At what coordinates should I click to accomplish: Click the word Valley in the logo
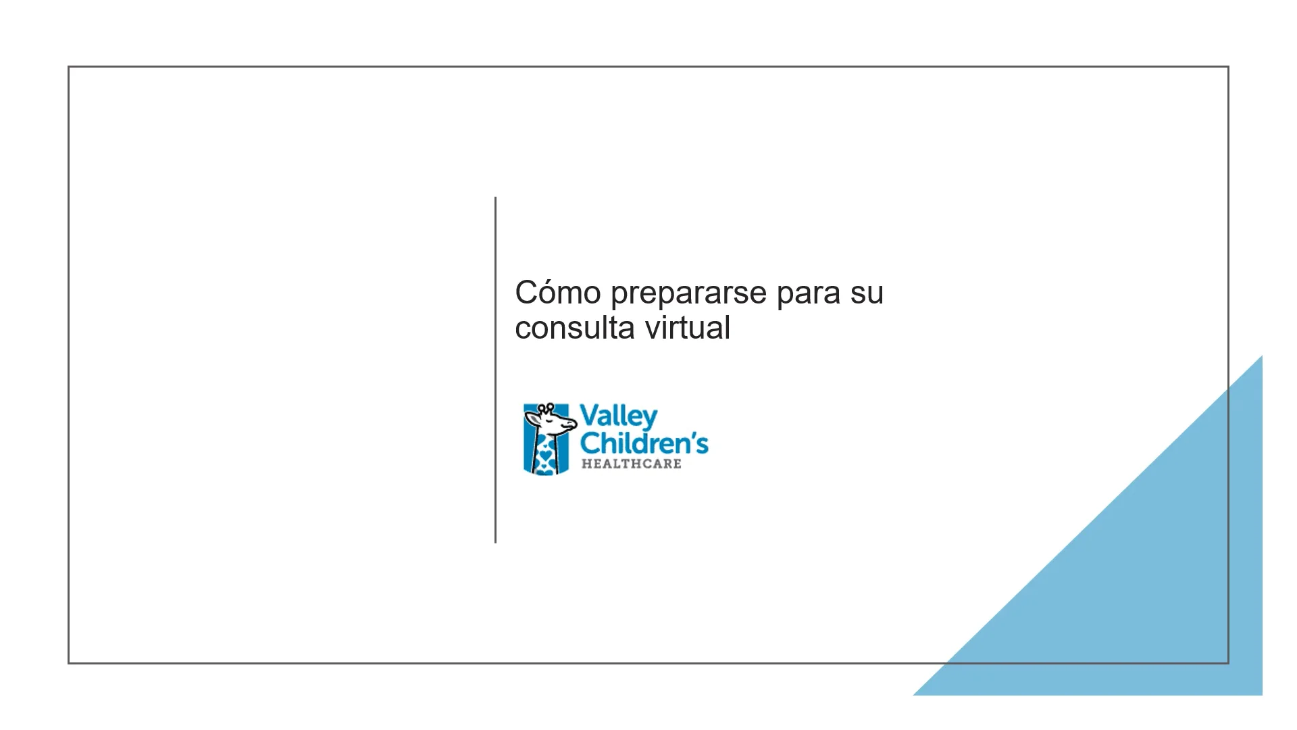[x=618, y=416]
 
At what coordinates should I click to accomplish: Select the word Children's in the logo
[x=644, y=443]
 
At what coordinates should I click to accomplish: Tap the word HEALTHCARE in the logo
[x=631, y=464]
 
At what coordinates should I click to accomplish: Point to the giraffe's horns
[x=545, y=408]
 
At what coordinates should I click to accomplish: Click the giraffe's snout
[x=569, y=425]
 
